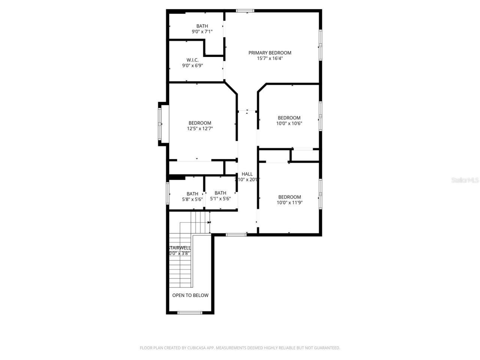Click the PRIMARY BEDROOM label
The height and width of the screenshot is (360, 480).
270,53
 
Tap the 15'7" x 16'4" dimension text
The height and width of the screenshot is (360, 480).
270,58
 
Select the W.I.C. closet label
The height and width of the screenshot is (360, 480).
192,60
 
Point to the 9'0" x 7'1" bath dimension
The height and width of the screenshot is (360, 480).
202,32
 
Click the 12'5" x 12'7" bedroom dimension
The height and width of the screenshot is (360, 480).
200,129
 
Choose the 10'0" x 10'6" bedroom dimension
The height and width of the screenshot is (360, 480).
289,123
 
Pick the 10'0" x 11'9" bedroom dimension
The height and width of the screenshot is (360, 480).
289,202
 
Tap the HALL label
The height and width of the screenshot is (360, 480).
247,174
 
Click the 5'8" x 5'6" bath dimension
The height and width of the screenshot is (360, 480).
192,199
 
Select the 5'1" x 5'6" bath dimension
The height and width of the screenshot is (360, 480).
220,199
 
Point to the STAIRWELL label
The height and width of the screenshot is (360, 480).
180,248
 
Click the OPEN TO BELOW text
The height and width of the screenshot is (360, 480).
190,295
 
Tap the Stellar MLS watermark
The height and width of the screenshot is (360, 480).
465,180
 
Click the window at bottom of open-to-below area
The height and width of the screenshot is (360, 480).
190,312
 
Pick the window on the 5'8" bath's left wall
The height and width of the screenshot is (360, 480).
168,193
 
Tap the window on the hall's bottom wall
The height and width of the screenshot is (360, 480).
236,235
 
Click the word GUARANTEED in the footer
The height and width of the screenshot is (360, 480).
328,348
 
